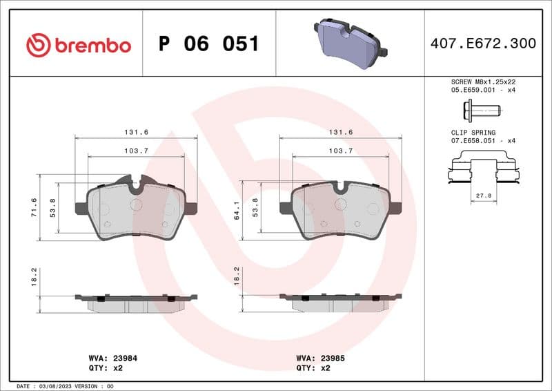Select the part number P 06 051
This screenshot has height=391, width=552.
click(x=208, y=44)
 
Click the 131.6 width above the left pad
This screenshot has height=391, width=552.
click(x=135, y=132)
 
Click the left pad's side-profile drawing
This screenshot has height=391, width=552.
click(x=136, y=302)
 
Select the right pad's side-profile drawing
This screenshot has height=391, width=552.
click(x=341, y=302)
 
